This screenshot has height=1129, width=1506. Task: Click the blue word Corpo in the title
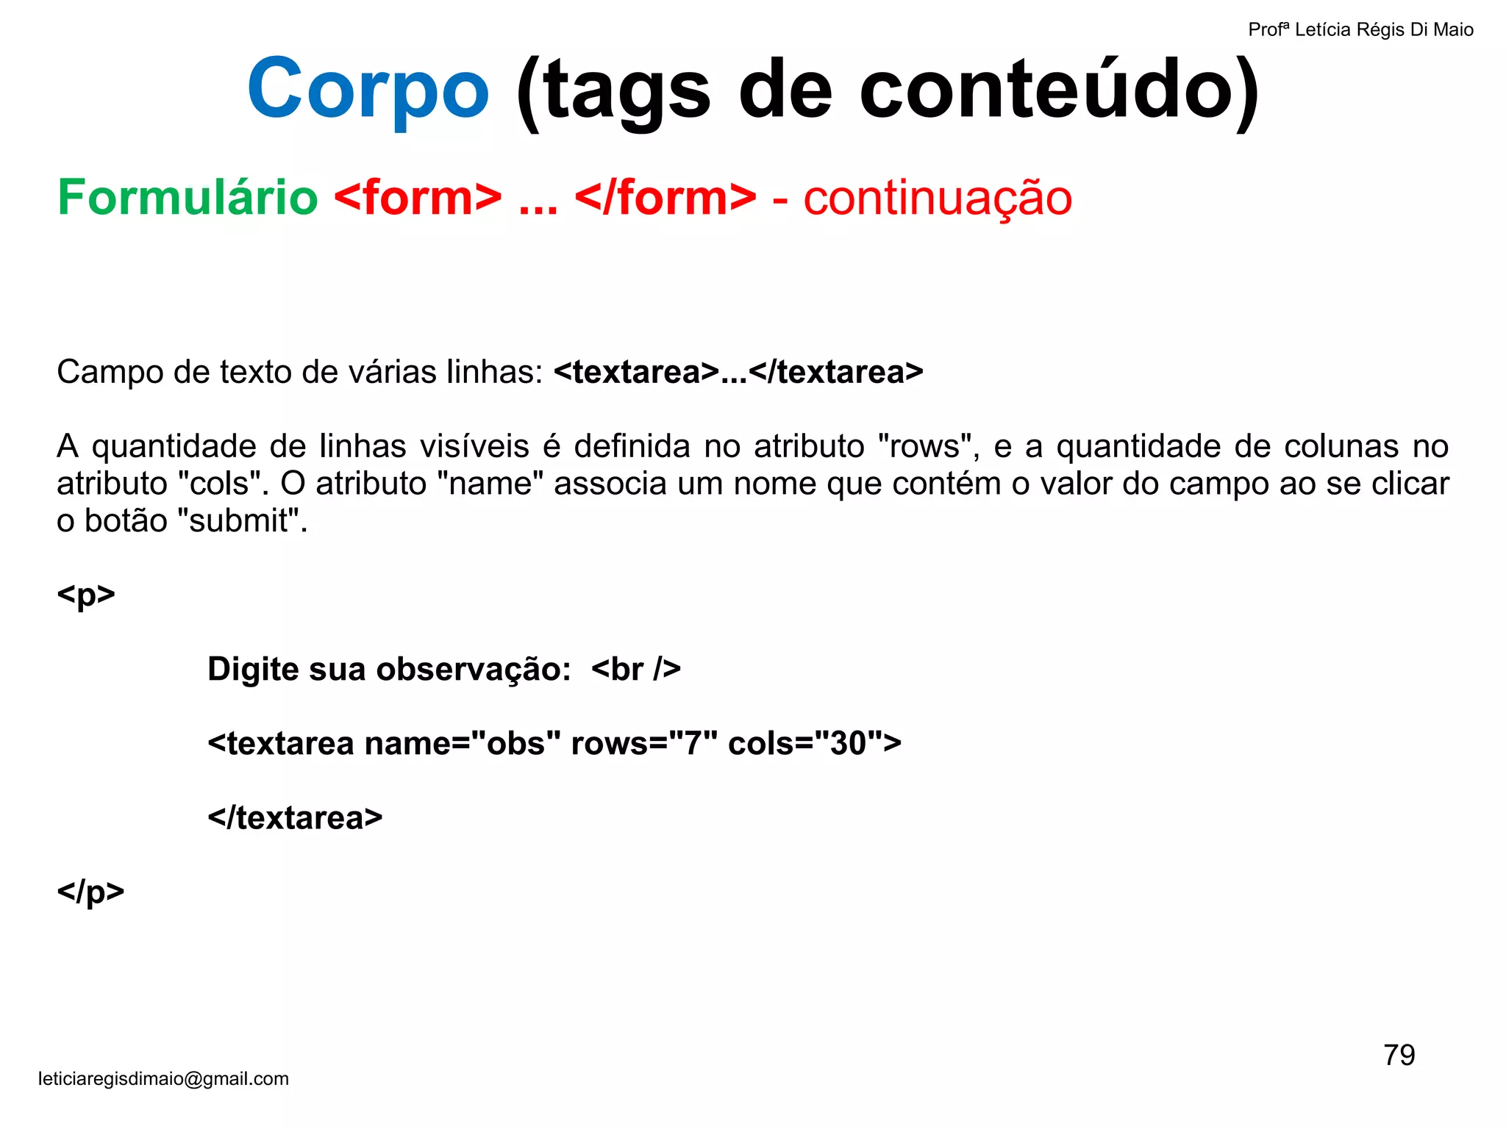[368, 90]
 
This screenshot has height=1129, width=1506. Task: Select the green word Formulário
[188, 198]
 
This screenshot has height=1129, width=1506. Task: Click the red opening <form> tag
[418, 198]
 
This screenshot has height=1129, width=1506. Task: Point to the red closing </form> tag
[665, 198]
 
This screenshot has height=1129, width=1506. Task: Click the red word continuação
[938, 198]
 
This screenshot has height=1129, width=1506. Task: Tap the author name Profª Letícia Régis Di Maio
[1360, 30]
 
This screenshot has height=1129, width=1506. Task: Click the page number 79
[1399, 1055]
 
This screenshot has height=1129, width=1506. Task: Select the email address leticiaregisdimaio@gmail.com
[163, 1078]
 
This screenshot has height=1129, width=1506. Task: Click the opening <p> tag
[86, 595]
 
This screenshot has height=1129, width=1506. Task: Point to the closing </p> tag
[90, 892]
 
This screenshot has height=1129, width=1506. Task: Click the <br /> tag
[635, 669]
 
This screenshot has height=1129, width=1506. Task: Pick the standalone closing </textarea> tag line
[295, 817]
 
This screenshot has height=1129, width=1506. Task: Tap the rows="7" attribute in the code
[643, 743]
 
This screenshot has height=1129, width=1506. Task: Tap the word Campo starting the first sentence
[110, 372]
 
